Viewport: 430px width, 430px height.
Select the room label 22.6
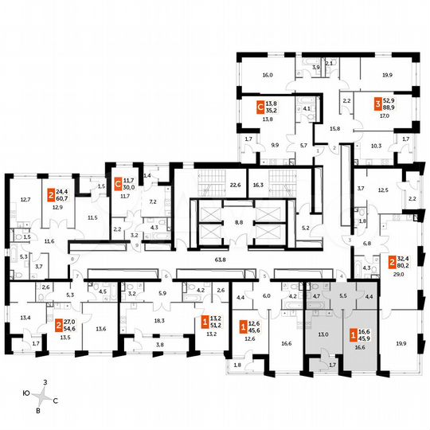[x=235, y=185]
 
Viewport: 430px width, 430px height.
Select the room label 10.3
[x=376, y=146]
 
